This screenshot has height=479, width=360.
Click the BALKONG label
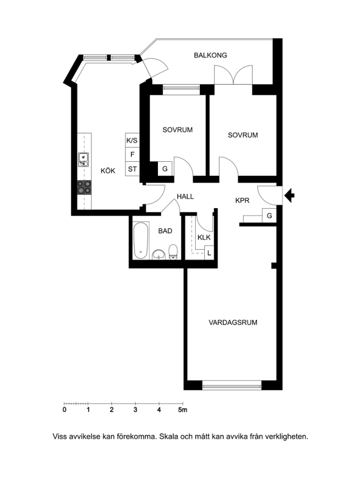tap(211, 55)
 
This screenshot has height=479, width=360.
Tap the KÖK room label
tap(108, 170)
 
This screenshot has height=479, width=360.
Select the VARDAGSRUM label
tap(233, 323)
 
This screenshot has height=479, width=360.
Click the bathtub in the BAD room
tap(141, 241)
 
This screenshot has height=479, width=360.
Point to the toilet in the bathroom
tap(173, 252)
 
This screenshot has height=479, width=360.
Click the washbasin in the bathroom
tap(159, 254)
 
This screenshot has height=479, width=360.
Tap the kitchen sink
tap(83, 160)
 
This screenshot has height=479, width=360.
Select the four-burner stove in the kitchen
tap(84, 187)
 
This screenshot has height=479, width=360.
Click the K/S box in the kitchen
tap(132, 140)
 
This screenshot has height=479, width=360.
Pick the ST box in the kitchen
tap(132, 169)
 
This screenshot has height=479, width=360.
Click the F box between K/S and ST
tap(132, 154)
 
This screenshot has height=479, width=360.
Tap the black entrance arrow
tap(289, 194)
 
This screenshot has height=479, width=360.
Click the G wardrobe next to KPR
tap(269, 216)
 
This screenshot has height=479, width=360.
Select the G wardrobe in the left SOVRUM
tap(165, 169)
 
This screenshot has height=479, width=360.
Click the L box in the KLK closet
tap(209, 253)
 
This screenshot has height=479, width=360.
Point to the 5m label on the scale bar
tap(182, 410)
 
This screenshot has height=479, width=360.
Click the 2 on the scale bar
tap(112, 410)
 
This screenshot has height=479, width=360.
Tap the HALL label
tap(186, 196)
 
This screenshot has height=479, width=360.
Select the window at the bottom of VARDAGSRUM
tap(232, 385)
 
